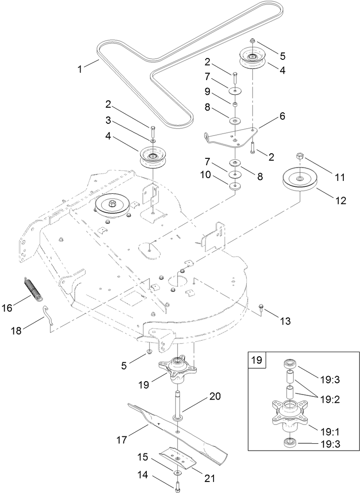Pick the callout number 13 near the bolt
[285, 321]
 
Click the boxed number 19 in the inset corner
[257, 360]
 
